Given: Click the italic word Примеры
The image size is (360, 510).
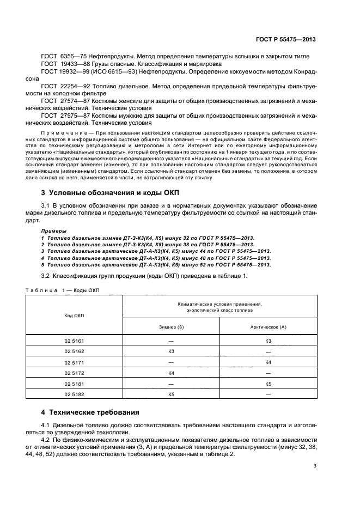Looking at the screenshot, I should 53,230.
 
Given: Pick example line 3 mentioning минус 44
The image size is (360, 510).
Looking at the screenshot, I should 156,251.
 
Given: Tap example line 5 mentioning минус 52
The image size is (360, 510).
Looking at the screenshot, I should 156,264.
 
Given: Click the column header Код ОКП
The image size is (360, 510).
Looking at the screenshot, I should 74,315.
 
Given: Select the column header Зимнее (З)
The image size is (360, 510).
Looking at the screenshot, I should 171,326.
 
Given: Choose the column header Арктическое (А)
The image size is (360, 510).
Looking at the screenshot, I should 268,326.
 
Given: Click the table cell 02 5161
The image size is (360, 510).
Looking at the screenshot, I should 74,341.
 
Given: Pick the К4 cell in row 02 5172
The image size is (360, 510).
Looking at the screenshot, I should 171,373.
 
